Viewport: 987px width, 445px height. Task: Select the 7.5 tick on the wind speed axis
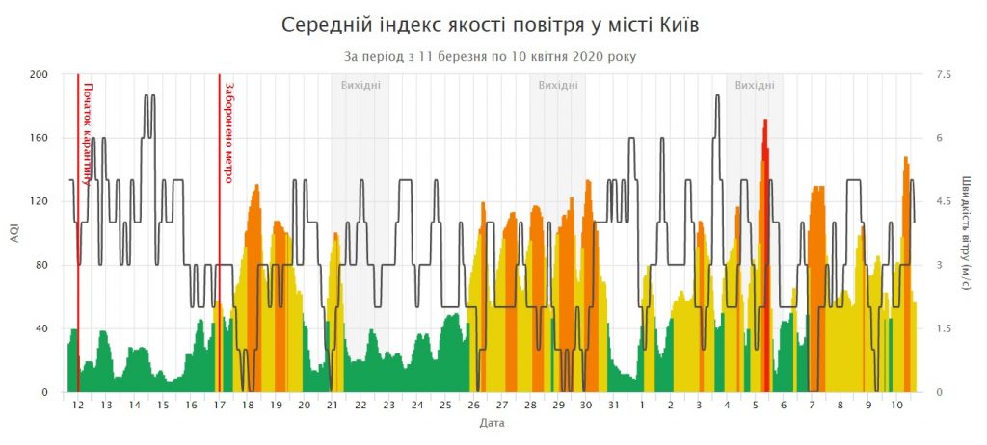[943, 74]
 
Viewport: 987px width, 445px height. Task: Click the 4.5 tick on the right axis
[943, 201]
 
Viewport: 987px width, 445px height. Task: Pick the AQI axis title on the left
[14, 233]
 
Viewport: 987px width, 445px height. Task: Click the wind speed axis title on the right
[966, 233]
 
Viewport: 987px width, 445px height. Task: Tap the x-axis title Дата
[492, 422]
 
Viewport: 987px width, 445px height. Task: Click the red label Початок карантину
[88, 133]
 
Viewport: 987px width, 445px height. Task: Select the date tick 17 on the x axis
[219, 406]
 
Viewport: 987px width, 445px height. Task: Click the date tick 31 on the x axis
[614, 406]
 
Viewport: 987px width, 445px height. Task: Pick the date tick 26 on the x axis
[473, 406]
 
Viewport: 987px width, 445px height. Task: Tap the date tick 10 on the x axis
[896, 406]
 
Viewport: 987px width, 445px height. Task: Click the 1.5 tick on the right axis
[943, 328]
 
